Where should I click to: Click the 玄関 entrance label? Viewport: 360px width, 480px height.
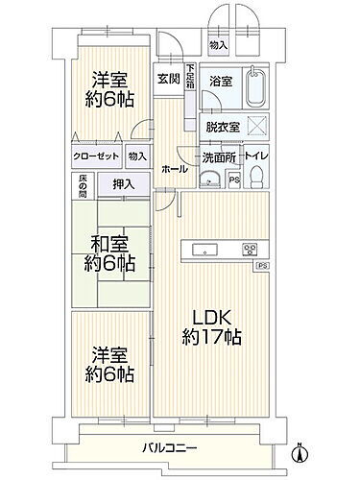click(168, 79)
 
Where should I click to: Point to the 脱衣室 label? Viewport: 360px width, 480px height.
click(223, 126)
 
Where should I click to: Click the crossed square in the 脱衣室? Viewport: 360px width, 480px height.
click(256, 125)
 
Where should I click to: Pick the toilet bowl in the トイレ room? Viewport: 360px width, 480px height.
click(256, 173)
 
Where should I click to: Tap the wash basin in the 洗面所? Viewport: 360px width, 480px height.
click(211, 177)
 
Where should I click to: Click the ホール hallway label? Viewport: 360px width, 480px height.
click(175, 167)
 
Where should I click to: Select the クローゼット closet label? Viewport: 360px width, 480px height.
click(94, 156)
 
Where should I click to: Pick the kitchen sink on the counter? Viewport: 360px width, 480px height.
click(205, 250)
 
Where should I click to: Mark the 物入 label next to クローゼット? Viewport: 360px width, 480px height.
click(136, 156)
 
